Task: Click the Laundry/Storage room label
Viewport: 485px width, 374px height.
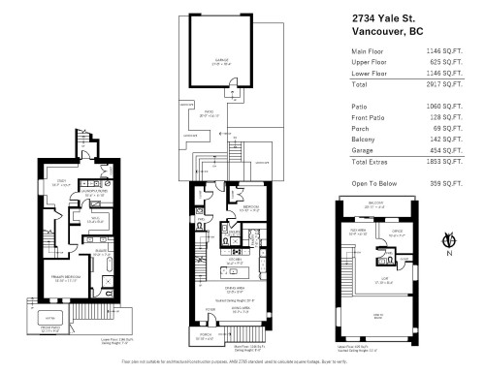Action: pyautogui.click(x=95, y=191)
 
